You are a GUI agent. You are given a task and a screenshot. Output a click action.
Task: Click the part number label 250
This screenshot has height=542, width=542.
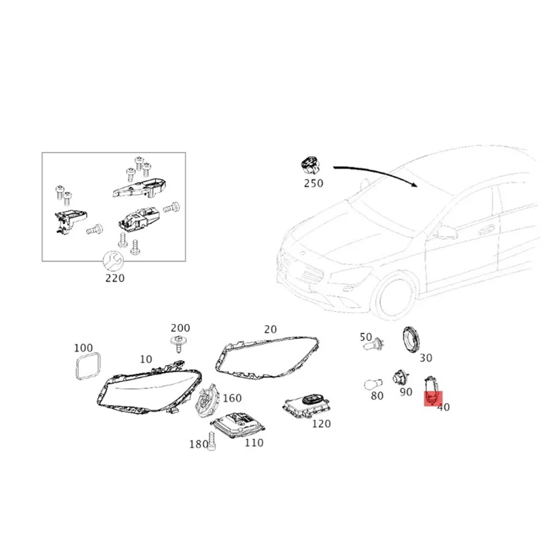click(x=314, y=183)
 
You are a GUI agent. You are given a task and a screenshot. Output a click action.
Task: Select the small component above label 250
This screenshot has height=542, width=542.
click(x=310, y=164)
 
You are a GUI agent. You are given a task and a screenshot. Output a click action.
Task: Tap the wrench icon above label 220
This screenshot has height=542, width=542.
click(x=112, y=260)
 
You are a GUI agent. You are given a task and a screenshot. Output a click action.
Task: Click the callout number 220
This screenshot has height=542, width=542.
click(x=114, y=278)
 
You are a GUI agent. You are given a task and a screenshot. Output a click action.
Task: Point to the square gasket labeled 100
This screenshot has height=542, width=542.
click(x=86, y=367)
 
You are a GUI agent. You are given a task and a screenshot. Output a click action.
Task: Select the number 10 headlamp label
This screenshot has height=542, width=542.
click(x=146, y=358)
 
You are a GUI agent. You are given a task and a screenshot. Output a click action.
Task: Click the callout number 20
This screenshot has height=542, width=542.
click(x=270, y=330)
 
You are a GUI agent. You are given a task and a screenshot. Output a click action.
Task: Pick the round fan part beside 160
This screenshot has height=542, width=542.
click(x=208, y=400)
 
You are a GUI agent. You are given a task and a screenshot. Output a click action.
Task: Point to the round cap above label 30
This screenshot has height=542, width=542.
click(x=411, y=338)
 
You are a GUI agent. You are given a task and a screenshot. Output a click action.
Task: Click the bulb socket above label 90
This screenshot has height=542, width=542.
click(x=400, y=377)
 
